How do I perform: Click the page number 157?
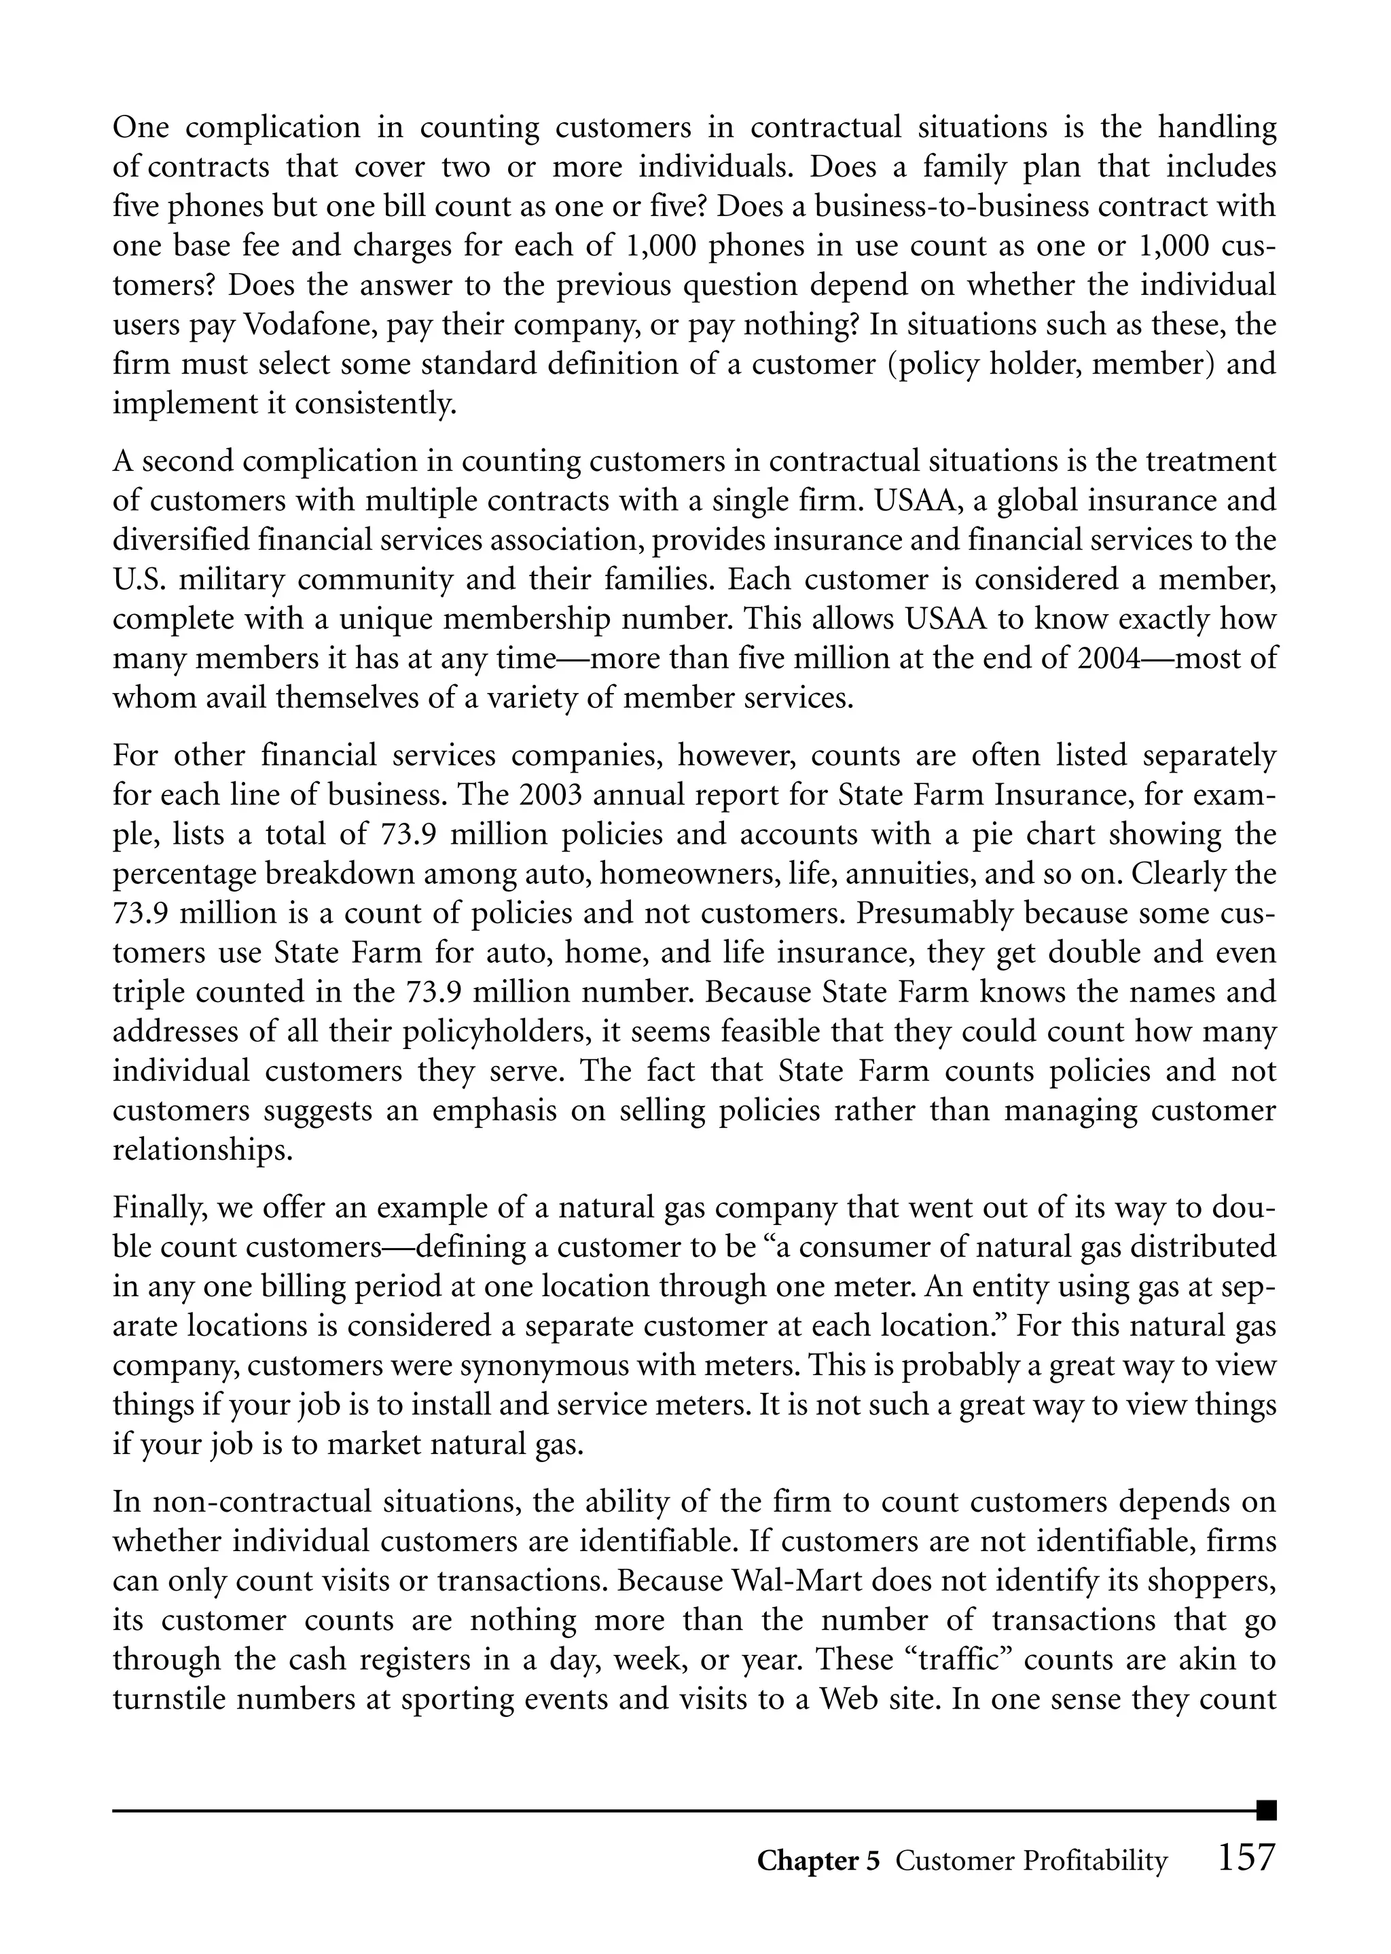(x=1246, y=1858)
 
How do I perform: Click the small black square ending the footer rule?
(x=1266, y=1810)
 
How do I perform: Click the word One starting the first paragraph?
(x=141, y=128)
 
